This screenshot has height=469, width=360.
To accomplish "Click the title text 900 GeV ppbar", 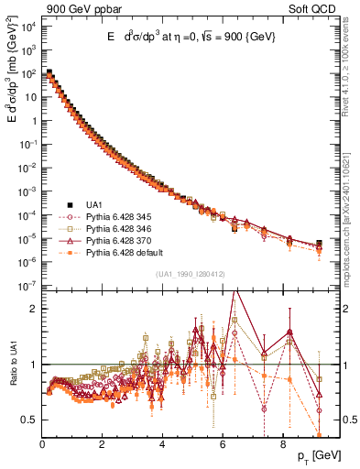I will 42,7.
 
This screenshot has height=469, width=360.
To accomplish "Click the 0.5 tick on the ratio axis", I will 29,420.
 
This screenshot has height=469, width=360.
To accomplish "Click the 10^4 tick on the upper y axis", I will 27,27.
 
